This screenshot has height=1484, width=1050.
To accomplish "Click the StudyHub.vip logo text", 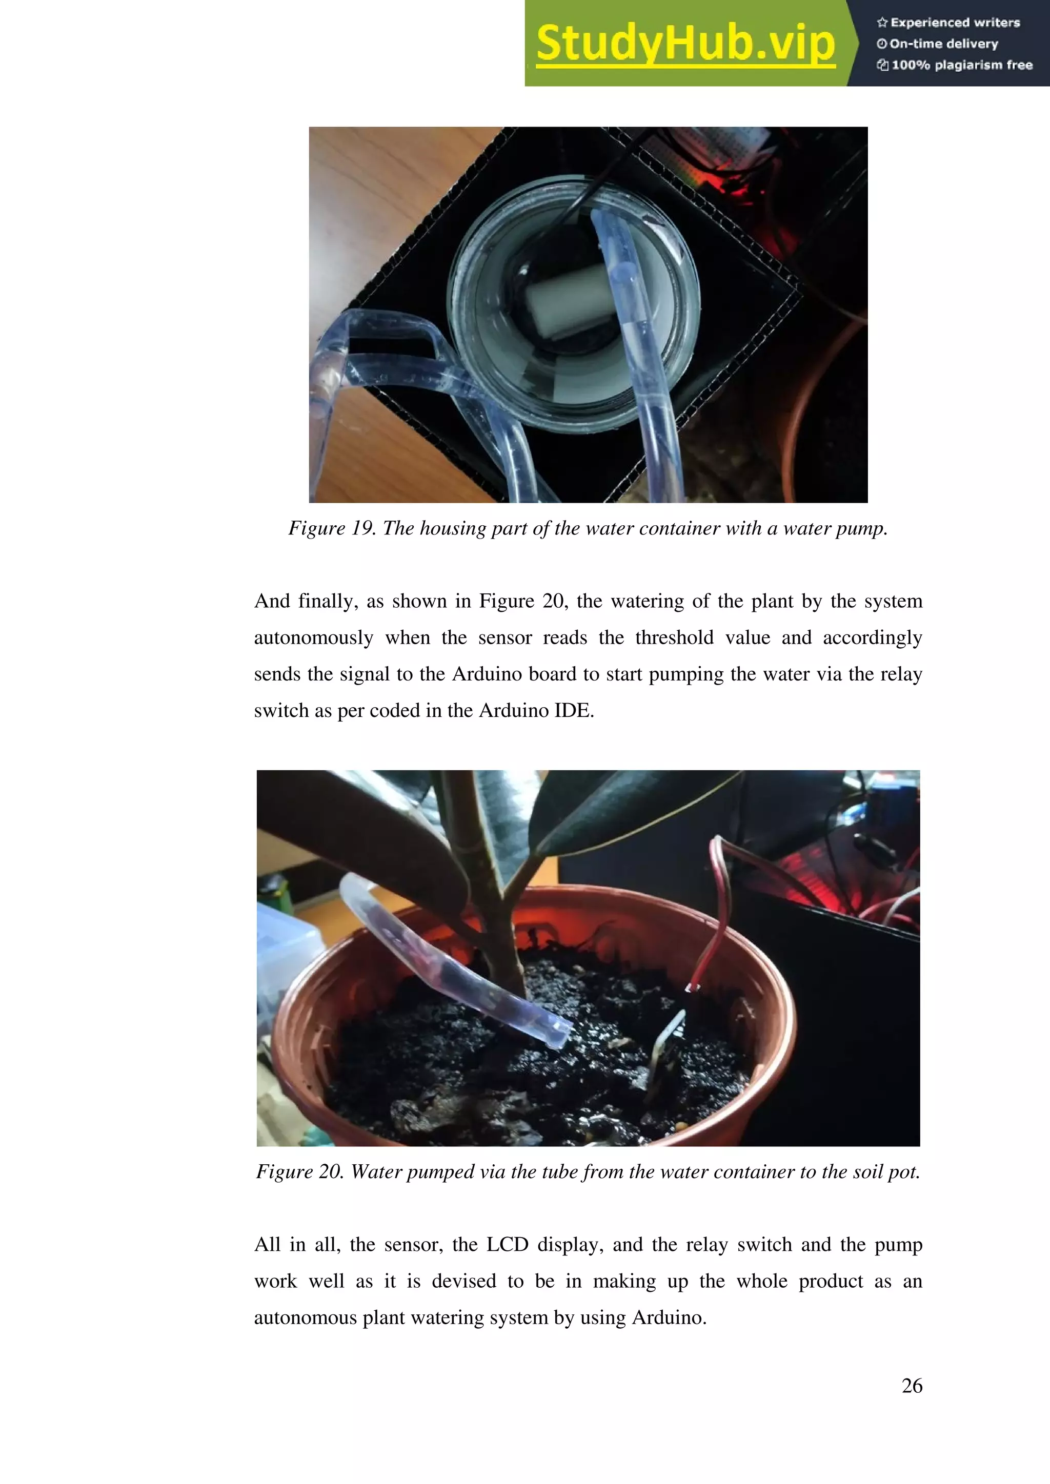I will pos(685,44).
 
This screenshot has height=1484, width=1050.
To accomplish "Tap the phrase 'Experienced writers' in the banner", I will pos(954,23).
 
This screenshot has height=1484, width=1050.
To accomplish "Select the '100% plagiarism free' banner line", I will pos(961,65).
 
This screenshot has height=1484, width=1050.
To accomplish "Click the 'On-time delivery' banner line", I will pos(943,44).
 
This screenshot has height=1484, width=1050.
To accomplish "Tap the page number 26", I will pos(912,1385).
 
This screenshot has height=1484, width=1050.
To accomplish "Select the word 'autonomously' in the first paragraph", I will pos(314,638).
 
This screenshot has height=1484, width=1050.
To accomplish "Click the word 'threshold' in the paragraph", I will pos(674,638).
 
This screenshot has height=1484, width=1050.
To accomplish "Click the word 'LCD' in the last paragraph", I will pos(507,1245).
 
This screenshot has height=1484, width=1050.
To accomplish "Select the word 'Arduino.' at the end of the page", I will pos(669,1317).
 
